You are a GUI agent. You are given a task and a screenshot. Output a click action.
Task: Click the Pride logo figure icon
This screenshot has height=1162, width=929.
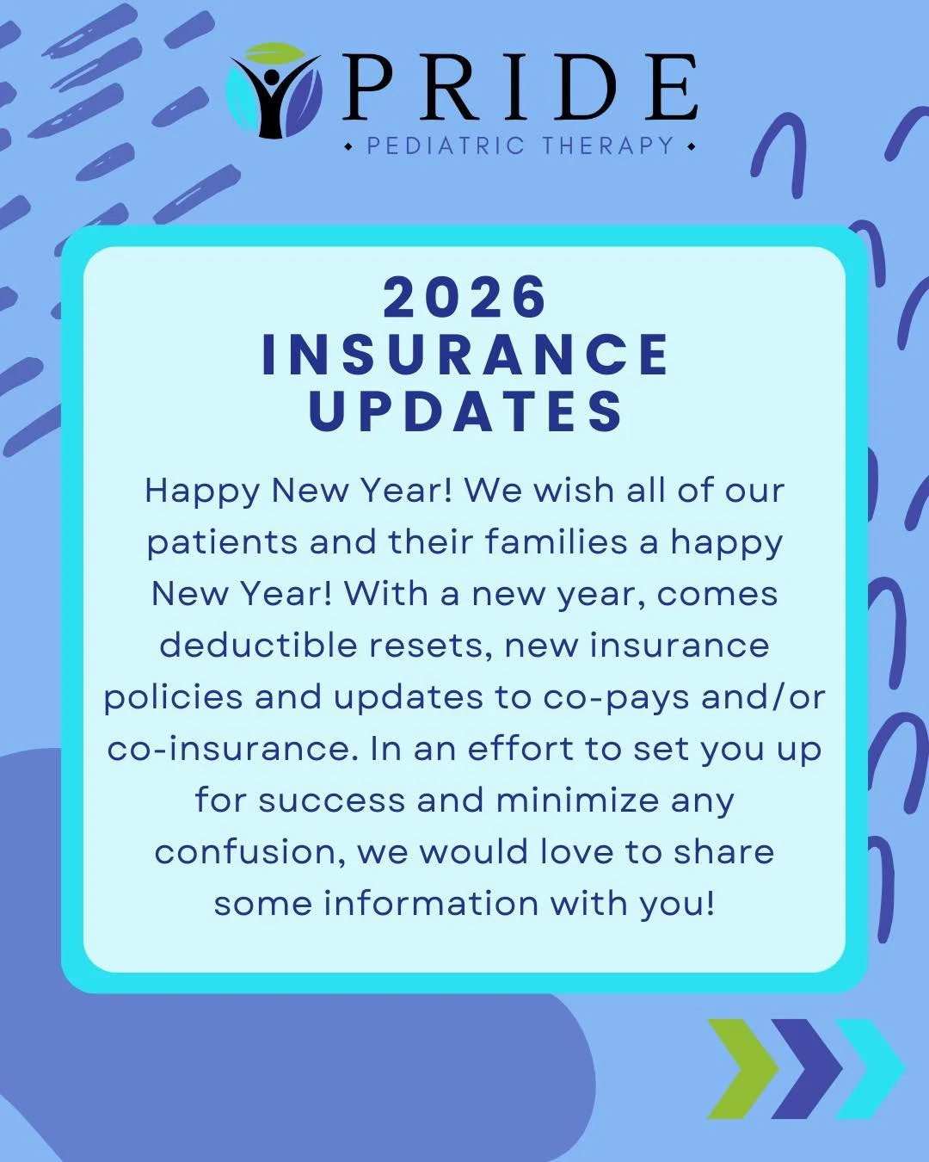pyautogui.click(x=274, y=91)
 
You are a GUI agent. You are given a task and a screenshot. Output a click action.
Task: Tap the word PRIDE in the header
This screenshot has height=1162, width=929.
pyautogui.click(x=520, y=89)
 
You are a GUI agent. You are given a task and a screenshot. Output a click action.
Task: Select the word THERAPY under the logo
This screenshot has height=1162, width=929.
pyautogui.click(x=608, y=146)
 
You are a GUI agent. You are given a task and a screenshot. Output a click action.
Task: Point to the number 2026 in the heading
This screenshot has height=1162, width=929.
pyautogui.click(x=464, y=298)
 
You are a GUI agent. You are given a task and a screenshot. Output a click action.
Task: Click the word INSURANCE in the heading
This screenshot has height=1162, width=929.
pyautogui.click(x=464, y=355)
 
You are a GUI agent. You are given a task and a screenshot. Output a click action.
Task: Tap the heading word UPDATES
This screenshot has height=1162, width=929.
pyautogui.click(x=464, y=411)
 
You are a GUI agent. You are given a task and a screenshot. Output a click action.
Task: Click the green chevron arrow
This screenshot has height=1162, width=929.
pyautogui.click(x=741, y=1068)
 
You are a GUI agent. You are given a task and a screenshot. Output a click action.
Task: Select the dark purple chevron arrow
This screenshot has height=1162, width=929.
pyautogui.click(x=806, y=1068)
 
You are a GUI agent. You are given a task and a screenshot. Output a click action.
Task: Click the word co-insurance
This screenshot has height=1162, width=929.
pyautogui.click(x=231, y=749)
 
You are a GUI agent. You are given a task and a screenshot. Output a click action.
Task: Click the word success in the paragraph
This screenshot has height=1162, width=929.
pyautogui.click(x=331, y=800)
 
